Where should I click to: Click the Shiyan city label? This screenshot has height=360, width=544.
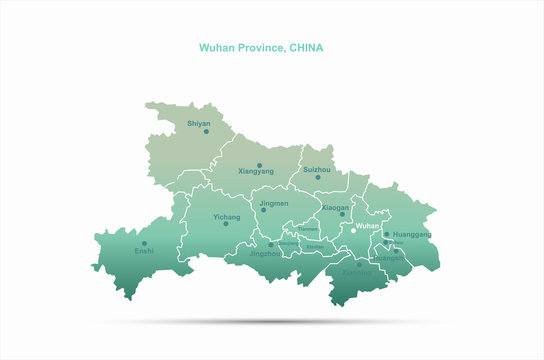coord(199,124)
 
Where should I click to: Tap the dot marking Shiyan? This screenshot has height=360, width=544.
coord(206,132)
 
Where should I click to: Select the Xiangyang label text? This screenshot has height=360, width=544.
coord(256,172)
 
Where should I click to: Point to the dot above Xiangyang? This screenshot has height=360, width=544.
coord(259,165)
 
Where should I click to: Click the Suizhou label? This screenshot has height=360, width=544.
coord(316,170)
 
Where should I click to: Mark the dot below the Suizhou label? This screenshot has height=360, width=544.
coord(318,178)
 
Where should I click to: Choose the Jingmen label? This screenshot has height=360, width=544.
coord(274,203)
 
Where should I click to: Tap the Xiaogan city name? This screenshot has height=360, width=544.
coord(335,208)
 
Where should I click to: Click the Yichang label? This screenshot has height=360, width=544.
coord(227,216)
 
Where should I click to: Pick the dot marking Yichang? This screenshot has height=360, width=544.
coord(226,224)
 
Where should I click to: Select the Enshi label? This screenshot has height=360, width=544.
coord(144,251)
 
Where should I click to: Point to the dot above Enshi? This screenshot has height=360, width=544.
coord(144,243)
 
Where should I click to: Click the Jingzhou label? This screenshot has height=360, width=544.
coord(266,254)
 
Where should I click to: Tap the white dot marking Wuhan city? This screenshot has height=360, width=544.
coord(353,231)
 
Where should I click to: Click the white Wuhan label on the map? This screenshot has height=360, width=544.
coord(368,226)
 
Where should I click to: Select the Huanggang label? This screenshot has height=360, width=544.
coord(412,234)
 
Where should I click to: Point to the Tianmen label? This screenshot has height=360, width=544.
coord(308,230)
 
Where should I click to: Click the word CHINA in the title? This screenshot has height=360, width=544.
coord(306,47)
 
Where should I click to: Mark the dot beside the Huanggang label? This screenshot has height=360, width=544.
coord(387,235)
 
